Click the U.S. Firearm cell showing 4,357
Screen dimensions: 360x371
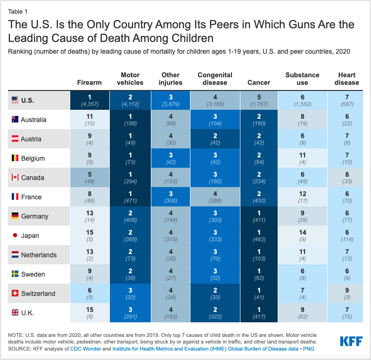click(89, 100)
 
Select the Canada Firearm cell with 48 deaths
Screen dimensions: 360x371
click(89, 177)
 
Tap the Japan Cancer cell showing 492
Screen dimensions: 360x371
click(259, 235)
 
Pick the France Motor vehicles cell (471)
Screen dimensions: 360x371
click(130, 196)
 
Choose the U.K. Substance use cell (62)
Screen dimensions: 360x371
click(302, 312)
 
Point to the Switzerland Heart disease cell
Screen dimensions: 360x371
click(346, 293)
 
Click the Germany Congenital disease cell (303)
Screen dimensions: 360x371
click(215, 216)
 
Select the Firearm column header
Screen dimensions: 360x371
click(89, 82)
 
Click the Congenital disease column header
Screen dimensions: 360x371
click(215, 79)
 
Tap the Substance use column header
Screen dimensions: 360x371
click(302, 79)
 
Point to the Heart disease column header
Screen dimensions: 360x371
click(346, 79)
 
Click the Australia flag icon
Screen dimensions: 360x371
click(15, 119)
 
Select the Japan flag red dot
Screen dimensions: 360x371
click(15, 235)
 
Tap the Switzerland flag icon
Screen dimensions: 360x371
click(15, 293)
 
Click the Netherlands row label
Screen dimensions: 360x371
click(39, 254)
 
